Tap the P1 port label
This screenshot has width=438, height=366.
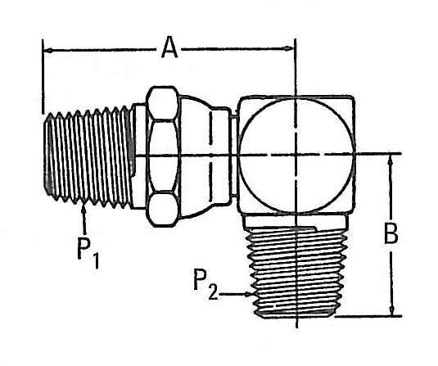tap(86, 251)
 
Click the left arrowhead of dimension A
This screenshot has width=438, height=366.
tap(47, 51)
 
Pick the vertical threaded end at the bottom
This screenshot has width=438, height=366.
tap(296, 273)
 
